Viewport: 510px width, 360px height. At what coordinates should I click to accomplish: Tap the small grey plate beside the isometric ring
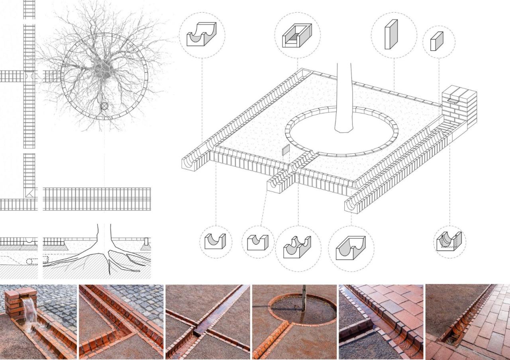[x=286, y=150]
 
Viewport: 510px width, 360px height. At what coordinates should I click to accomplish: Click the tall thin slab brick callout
[x=391, y=35]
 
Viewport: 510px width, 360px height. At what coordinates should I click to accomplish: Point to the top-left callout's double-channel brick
[x=202, y=34]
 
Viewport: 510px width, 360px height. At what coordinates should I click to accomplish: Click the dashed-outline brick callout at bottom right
[x=449, y=241]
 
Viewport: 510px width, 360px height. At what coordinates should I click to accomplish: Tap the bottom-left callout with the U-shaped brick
[x=215, y=241]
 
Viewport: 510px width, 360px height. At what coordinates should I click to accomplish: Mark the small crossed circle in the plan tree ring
[x=104, y=106]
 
